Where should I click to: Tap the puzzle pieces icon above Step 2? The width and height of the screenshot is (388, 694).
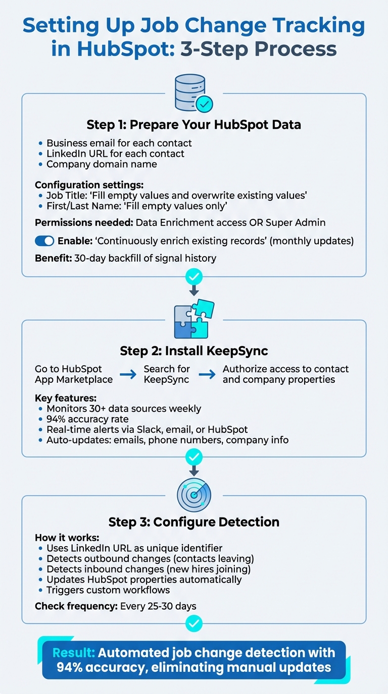194,320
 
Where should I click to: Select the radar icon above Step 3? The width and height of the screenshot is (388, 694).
194,495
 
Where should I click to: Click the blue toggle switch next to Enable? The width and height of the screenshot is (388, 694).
44,241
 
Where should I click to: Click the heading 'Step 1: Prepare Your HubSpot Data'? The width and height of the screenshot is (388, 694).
194,125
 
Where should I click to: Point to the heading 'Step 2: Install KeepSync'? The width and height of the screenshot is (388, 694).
194,351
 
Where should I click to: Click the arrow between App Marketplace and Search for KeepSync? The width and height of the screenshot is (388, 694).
128,374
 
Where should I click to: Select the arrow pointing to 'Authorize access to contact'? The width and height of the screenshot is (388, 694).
207,374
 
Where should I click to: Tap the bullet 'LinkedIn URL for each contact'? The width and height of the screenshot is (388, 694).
115,153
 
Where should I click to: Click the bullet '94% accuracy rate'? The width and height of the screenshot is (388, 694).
87,419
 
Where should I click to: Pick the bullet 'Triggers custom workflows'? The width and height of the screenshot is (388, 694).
108,590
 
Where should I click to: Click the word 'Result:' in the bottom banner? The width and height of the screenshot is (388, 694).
74,653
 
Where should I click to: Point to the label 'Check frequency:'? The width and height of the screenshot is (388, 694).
76,606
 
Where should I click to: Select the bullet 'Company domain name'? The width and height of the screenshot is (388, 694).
102,164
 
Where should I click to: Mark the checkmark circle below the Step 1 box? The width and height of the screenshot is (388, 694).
194,276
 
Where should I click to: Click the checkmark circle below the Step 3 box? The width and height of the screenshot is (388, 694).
194,624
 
